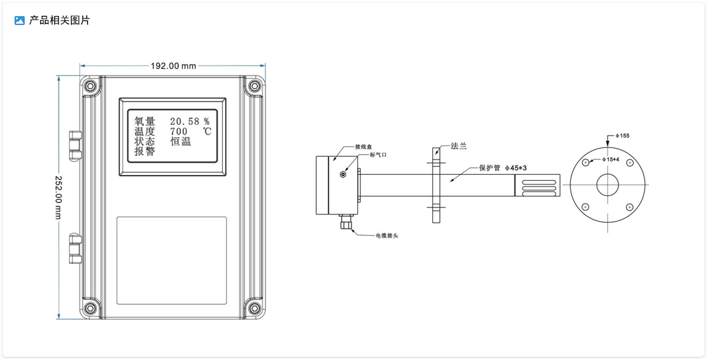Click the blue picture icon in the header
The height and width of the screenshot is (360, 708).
pos(19,20)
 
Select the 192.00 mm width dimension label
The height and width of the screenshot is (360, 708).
pos(173,66)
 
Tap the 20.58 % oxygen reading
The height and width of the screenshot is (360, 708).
pos(189,121)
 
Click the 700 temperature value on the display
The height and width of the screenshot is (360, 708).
pos(179,131)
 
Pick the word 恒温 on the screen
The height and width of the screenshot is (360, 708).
pos(181,142)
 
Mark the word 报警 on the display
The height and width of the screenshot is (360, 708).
pos(145,152)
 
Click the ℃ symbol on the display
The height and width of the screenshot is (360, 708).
pos(207,131)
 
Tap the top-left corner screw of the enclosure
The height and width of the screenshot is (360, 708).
pos(91,86)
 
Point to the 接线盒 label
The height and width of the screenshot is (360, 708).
pos(363,146)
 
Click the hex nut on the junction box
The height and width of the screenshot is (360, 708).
pos(344,173)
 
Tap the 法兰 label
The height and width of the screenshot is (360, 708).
pos(459,146)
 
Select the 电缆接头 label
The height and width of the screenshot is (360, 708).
pos(387,236)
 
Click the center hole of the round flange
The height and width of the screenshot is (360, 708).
pos(607,186)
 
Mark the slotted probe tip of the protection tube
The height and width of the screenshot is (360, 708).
pos(537,186)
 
